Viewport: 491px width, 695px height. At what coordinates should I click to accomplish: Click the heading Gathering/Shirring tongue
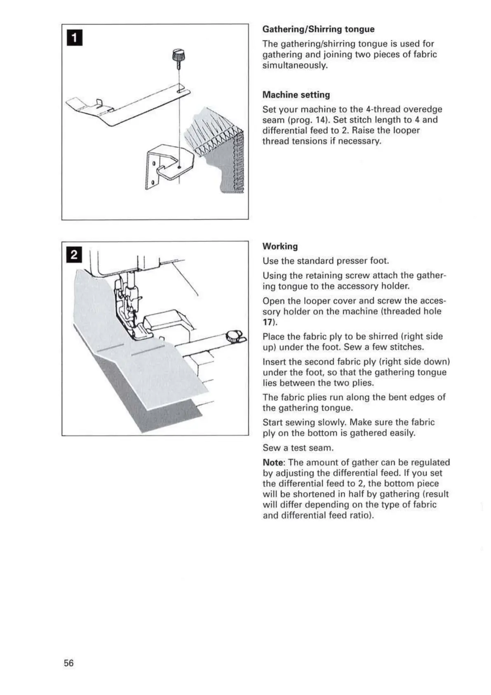click(318, 29)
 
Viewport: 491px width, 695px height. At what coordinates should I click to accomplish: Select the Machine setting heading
click(296, 95)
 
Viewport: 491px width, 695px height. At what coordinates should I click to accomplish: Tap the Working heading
click(280, 246)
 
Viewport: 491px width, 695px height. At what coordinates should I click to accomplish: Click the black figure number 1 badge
click(74, 38)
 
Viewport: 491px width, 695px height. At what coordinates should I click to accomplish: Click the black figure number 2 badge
click(74, 255)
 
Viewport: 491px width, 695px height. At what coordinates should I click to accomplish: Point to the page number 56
click(69, 663)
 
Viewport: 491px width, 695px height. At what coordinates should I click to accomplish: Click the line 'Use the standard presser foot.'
click(326, 261)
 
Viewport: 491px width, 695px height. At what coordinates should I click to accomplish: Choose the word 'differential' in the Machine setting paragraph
click(283, 130)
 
